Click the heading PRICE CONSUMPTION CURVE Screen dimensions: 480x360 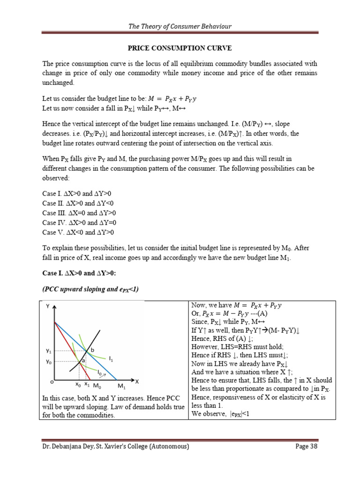coord(180,48)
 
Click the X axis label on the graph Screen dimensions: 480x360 coord(137,381)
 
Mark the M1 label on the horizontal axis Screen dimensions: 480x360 coord(122,387)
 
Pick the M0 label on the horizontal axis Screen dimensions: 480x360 coord(97,387)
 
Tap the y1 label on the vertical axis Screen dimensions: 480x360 coord(49,350)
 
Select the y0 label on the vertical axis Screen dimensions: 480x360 coord(49,361)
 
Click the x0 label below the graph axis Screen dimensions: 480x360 coord(78,385)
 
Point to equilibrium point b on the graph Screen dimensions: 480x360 coord(92,350)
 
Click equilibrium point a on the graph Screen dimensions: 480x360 coord(83,360)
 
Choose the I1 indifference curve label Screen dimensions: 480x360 coord(111,359)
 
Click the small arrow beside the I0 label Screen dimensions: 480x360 coord(104,375)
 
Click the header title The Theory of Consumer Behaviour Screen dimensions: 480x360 coord(180,26)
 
